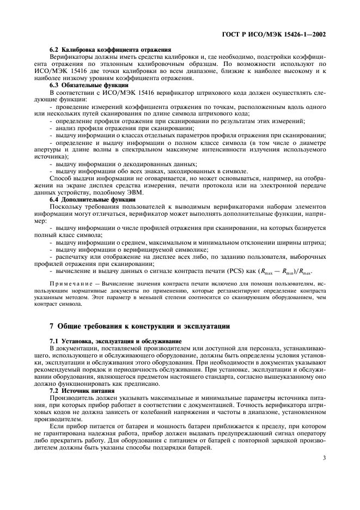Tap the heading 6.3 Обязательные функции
(89, 85)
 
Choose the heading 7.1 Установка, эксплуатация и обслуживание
(115, 341)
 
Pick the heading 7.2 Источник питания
(82, 391)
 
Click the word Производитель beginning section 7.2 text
(73, 398)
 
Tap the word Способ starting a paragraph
(61, 179)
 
